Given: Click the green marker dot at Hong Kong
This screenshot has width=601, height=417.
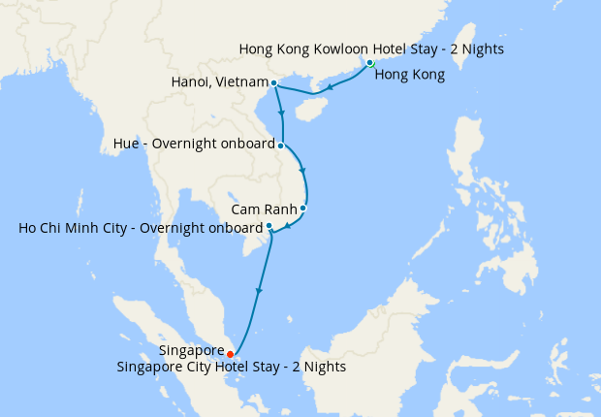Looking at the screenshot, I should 370,63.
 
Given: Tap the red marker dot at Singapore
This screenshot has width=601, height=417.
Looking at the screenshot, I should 230,354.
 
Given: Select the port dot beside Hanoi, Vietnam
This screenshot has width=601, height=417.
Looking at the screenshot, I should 274,82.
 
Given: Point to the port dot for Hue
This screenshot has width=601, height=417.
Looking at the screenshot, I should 281,146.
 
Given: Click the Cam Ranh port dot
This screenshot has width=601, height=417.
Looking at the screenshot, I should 303,208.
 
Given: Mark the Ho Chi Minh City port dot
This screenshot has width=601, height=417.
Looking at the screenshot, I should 269,226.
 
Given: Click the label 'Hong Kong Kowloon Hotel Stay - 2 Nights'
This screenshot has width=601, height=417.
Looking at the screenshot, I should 371,48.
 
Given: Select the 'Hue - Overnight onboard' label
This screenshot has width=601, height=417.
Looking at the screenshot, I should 195,146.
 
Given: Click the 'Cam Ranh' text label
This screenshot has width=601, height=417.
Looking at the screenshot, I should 264,208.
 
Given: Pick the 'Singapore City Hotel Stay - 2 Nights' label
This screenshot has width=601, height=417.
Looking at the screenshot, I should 231,368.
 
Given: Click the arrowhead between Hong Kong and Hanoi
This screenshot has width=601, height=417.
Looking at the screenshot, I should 329,88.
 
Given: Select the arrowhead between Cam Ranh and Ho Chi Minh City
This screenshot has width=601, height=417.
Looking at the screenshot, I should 288,228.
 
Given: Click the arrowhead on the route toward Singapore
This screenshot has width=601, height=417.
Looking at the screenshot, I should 258,289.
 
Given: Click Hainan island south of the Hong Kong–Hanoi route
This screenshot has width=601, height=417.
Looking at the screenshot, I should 307,109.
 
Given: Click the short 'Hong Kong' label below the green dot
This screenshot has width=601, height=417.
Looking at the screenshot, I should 409,75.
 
